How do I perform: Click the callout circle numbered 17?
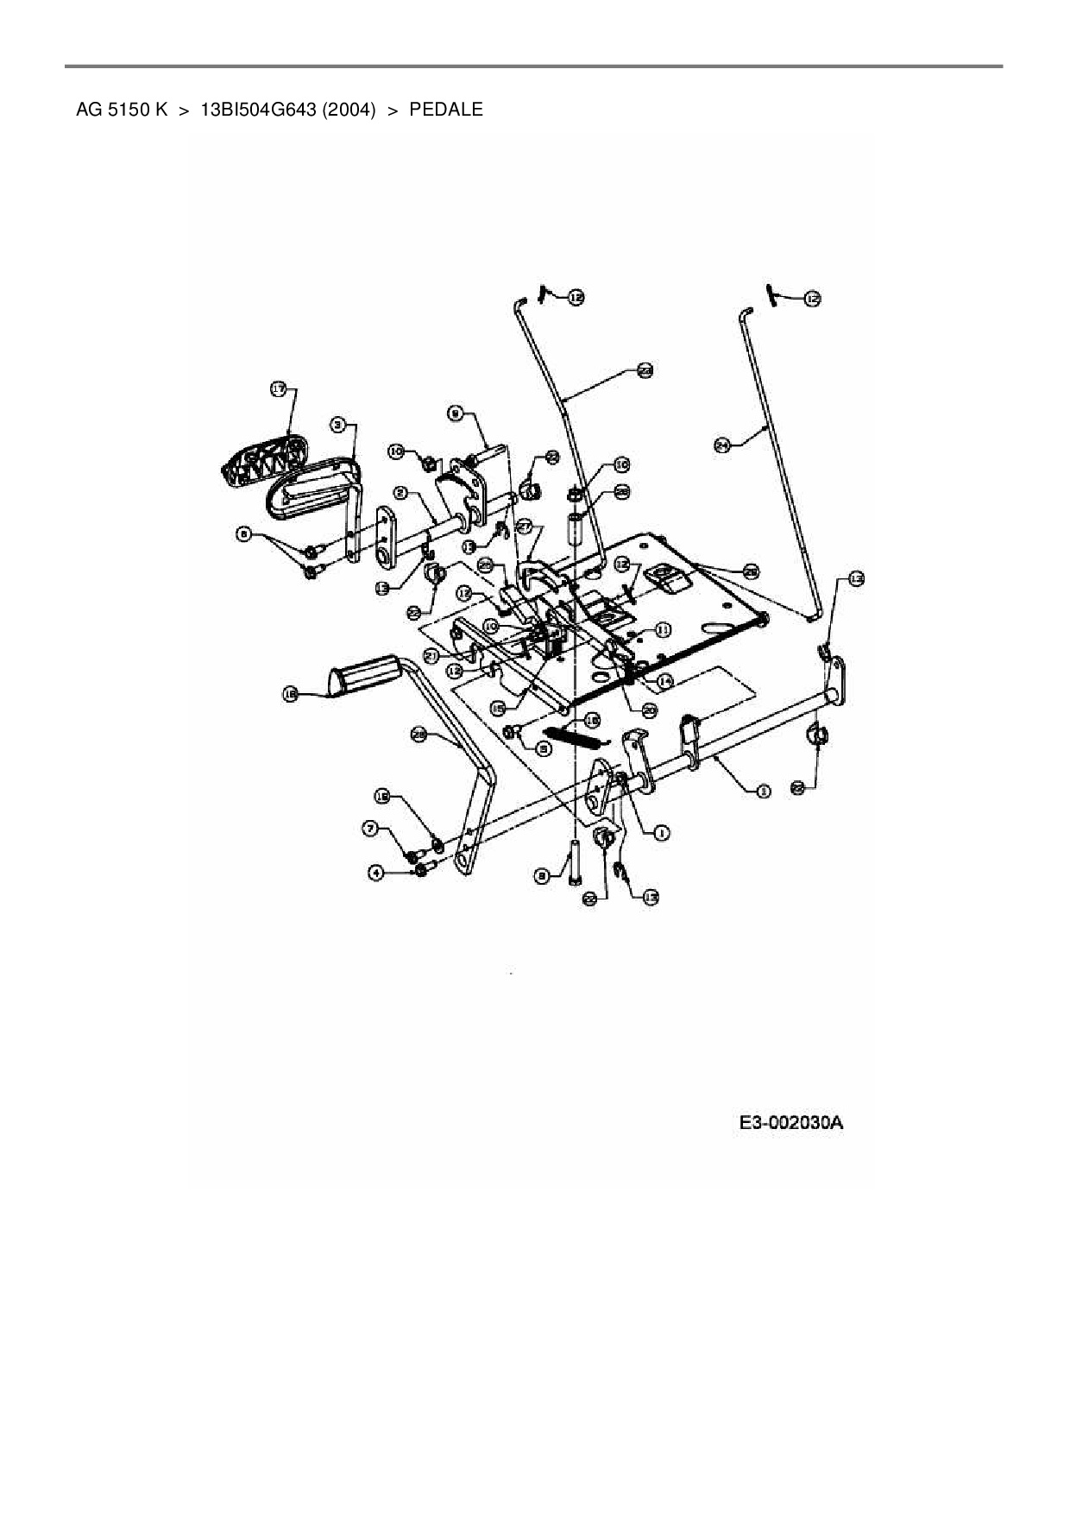point(278,390)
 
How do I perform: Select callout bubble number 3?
point(338,424)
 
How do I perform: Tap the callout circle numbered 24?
point(722,445)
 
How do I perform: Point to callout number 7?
point(370,829)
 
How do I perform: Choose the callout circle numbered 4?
point(375,873)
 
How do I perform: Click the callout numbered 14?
point(664,681)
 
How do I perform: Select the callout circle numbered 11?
point(662,630)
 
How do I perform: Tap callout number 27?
point(524,526)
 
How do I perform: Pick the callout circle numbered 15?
point(498,707)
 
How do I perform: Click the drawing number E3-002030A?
point(790,1123)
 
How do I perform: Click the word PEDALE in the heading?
point(446,110)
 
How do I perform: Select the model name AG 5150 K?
point(122,110)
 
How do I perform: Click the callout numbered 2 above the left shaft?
point(401,492)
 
